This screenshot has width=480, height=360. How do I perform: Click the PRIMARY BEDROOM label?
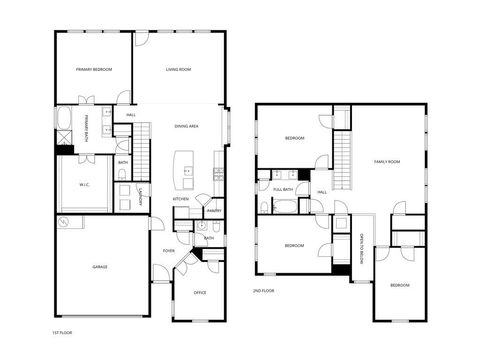pyautogui.click(x=94, y=69)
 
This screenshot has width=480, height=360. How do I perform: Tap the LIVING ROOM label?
pyautogui.click(x=178, y=69)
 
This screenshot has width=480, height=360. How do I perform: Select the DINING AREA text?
pyautogui.click(x=186, y=126)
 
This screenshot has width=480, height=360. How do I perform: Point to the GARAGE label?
pyautogui.click(x=100, y=267)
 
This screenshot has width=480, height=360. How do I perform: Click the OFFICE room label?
pyautogui.click(x=200, y=292)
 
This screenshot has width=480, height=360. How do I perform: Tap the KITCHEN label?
pyautogui.click(x=181, y=199)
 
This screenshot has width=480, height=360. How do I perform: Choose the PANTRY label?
pyautogui.click(x=213, y=211)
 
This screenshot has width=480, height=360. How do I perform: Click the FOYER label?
pyautogui.click(x=169, y=251)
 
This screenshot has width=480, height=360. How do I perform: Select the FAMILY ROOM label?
pyautogui.click(x=387, y=161)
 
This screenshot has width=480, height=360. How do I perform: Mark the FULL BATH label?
pyautogui.click(x=283, y=189)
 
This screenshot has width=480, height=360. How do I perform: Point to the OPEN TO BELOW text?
pyautogui.click(x=360, y=246)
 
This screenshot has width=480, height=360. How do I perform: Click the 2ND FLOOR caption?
pyautogui.click(x=263, y=290)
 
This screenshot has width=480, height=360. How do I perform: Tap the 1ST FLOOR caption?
pyautogui.click(x=62, y=331)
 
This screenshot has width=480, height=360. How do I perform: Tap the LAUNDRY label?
pyautogui.click(x=142, y=196)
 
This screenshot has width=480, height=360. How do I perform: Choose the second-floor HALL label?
pyautogui.click(x=322, y=193)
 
